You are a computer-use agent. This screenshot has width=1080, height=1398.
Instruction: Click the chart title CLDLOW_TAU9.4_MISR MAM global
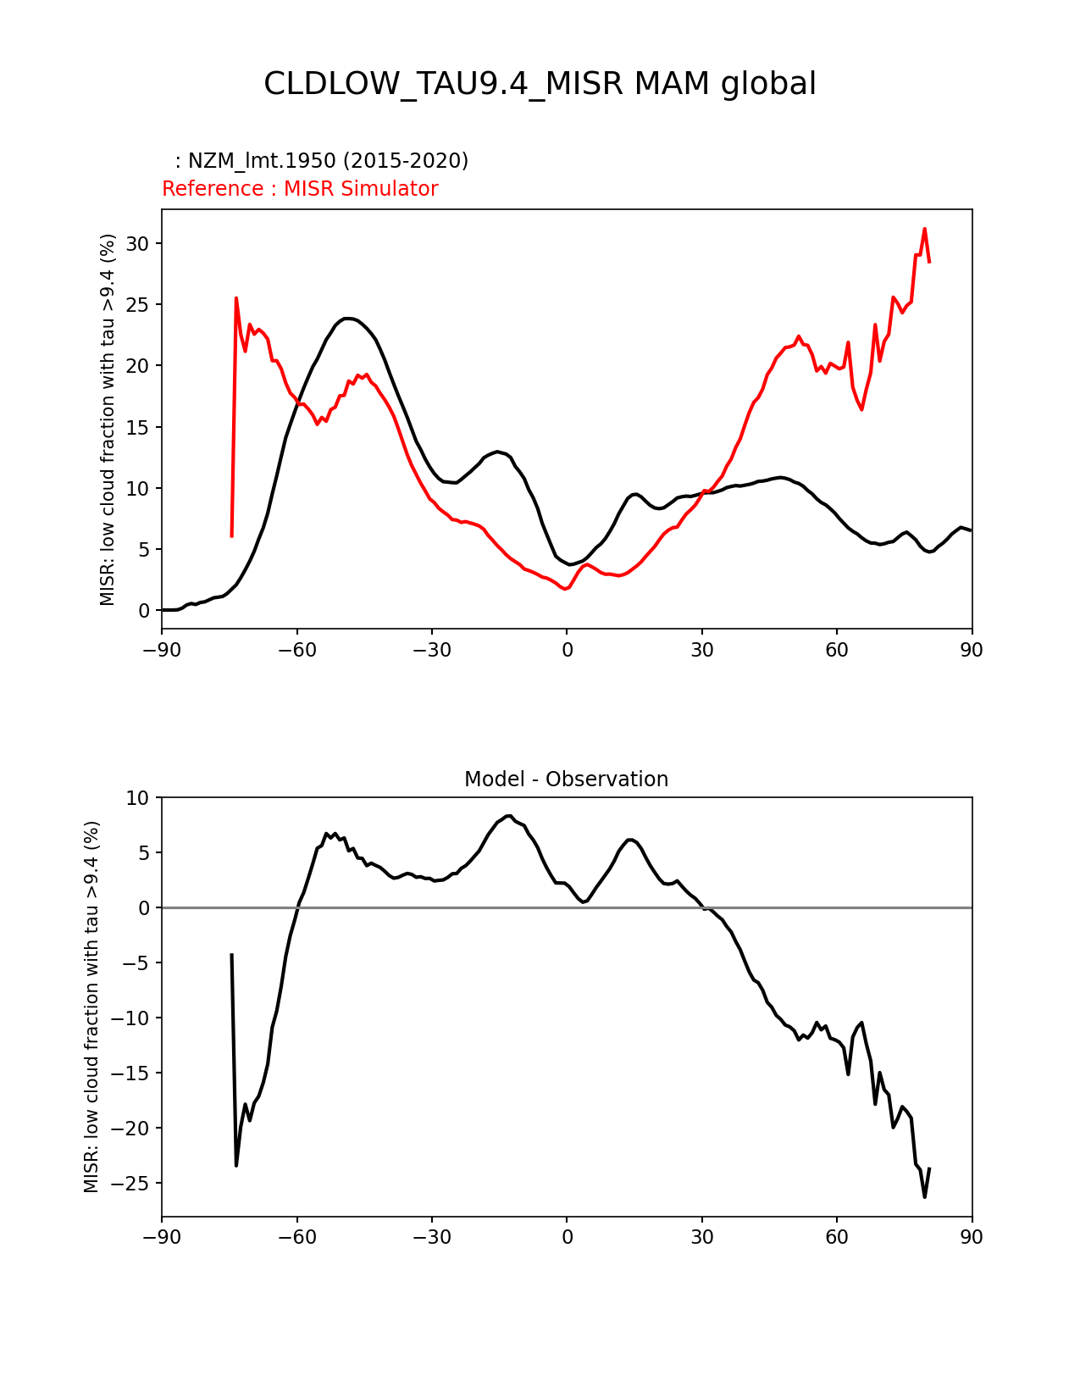click(x=540, y=84)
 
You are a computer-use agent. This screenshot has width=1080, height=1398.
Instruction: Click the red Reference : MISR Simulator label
click(x=300, y=189)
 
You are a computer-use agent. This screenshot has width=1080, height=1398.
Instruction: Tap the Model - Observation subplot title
click(x=566, y=779)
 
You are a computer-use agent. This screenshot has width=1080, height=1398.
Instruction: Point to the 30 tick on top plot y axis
click(x=138, y=244)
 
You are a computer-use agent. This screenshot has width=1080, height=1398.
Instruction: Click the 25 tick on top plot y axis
click(x=138, y=305)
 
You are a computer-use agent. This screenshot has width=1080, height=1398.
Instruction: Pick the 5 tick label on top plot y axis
click(x=144, y=550)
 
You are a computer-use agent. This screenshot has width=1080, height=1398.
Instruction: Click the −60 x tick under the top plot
click(x=296, y=650)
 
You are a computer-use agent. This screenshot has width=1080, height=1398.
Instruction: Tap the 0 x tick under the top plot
click(x=567, y=650)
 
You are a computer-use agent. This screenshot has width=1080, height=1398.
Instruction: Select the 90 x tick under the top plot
click(x=972, y=650)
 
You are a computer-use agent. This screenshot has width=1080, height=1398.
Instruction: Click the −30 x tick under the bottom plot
click(x=431, y=1237)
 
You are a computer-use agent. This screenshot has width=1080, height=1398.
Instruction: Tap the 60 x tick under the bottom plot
click(x=837, y=1237)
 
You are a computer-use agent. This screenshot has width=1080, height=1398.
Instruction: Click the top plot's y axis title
click(x=108, y=419)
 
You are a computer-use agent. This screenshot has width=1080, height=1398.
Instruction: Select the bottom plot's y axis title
click(x=91, y=1007)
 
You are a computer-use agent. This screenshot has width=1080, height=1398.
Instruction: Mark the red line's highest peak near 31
click(x=924, y=229)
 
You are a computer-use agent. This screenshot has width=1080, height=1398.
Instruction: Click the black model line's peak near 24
click(x=347, y=319)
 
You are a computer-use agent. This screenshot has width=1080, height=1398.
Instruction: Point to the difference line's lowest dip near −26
click(x=924, y=1196)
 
